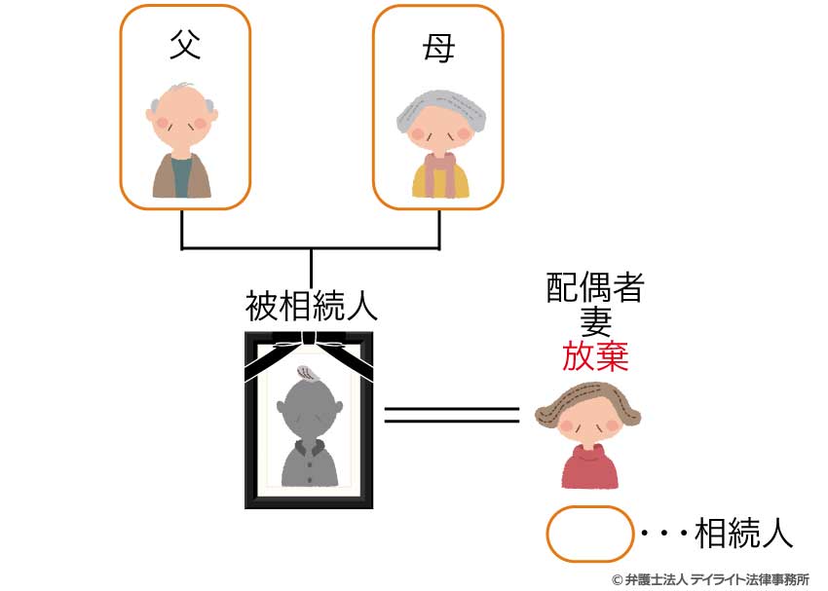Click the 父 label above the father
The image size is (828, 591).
pyautogui.click(x=185, y=44)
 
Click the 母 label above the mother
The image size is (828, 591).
pyautogui.click(x=438, y=48)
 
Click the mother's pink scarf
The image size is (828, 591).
pyautogui.click(x=439, y=171)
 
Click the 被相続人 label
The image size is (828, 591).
pyautogui.click(x=312, y=306)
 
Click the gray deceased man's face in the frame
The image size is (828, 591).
pyautogui.click(x=310, y=409)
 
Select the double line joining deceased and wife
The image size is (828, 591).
pyautogui.click(x=451, y=416)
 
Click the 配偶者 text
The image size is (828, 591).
pyautogui.click(x=595, y=287)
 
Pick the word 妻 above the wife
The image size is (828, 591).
pyautogui.click(x=595, y=321)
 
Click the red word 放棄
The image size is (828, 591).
pyautogui.click(x=595, y=355)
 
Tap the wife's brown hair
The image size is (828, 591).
pyautogui.click(x=586, y=402)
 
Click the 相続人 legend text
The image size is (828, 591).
pyautogui.click(x=743, y=533)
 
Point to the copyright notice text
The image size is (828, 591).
pyautogui.click(x=711, y=579)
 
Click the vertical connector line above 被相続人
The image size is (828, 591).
pyautogui.click(x=311, y=269)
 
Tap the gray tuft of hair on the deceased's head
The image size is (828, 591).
pyautogui.click(x=309, y=373)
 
